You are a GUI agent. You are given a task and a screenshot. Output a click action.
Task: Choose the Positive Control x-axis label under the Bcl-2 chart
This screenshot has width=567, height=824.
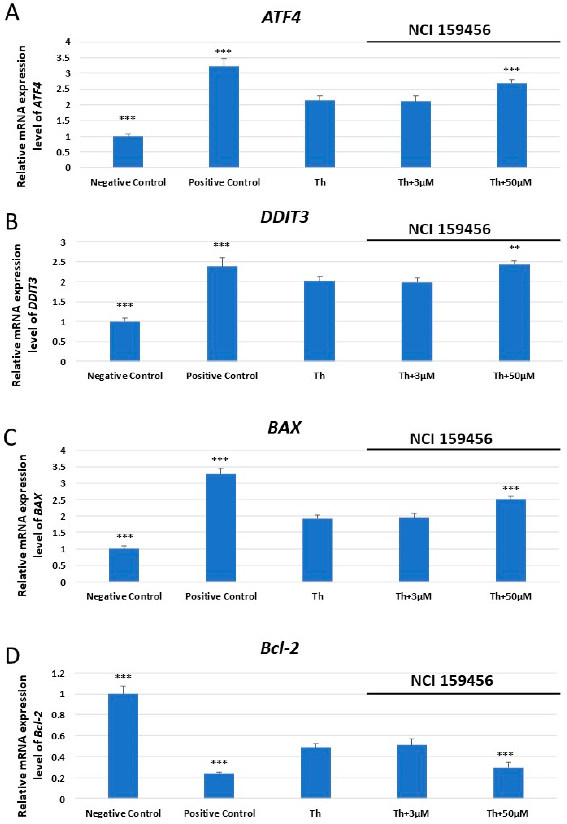(219, 813)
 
